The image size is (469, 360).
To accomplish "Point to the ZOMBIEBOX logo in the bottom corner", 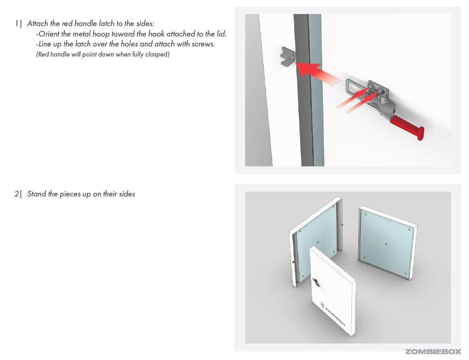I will click(433, 352).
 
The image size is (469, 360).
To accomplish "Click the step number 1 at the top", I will click(17, 24).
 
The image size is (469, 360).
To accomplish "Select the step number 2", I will click(17, 194).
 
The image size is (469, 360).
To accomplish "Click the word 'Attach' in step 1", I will click(38, 24).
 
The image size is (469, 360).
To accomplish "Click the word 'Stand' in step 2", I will click(37, 194).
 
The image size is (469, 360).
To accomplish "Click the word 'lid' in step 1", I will click(221, 34).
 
